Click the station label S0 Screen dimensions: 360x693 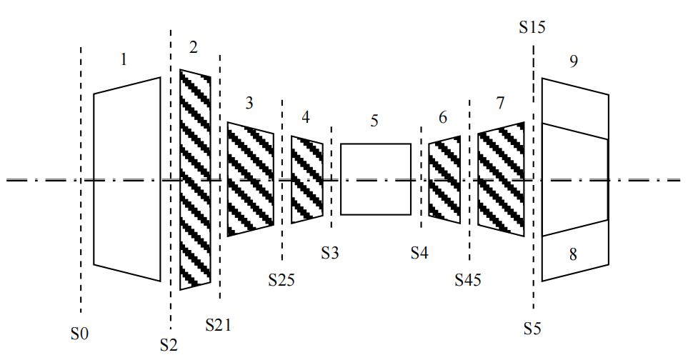pyautogui.click(x=79, y=333)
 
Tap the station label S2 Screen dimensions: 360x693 pyautogui.click(x=169, y=345)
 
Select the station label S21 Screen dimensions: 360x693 pyautogui.click(x=218, y=325)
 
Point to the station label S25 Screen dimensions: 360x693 pyautogui.click(x=281, y=279)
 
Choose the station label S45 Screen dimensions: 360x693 pyautogui.click(x=468, y=279)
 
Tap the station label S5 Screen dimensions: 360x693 pyautogui.click(x=532, y=329)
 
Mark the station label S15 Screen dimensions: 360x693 pyautogui.click(x=532, y=28)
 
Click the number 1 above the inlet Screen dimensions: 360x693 pyautogui.click(x=124, y=59)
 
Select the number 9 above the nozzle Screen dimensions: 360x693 pyautogui.click(x=573, y=61)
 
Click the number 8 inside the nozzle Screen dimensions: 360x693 pyautogui.click(x=573, y=254)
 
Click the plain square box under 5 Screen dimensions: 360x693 pyautogui.click(x=376, y=179)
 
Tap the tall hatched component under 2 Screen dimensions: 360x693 pyautogui.click(x=195, y=179)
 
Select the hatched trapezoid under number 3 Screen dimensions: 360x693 pyautogui.click(x=250, y=179)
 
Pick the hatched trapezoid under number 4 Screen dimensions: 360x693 pyautogui.click(x=307, y=179)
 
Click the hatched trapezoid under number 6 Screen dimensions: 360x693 pyautogui.click(x=444, y=179)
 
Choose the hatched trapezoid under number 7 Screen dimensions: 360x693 pyautogui.click(x=501, y=179)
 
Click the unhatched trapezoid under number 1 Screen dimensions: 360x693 pyautogui.click(x=126, y=179)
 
